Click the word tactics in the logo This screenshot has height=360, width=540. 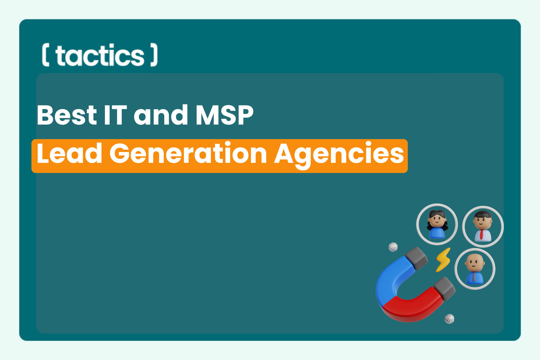[100, 55]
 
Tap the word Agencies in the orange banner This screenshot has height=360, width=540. [339, 154]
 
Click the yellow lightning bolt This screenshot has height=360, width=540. [443, 260]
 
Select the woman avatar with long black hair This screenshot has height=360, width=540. [437, 225]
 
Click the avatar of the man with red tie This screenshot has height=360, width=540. [483, 226]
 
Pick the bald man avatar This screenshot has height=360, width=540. [475, 269]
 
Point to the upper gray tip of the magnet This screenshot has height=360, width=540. [416, 258]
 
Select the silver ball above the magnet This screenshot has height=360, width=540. [393, 247]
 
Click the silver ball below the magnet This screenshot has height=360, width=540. [449, 319]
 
